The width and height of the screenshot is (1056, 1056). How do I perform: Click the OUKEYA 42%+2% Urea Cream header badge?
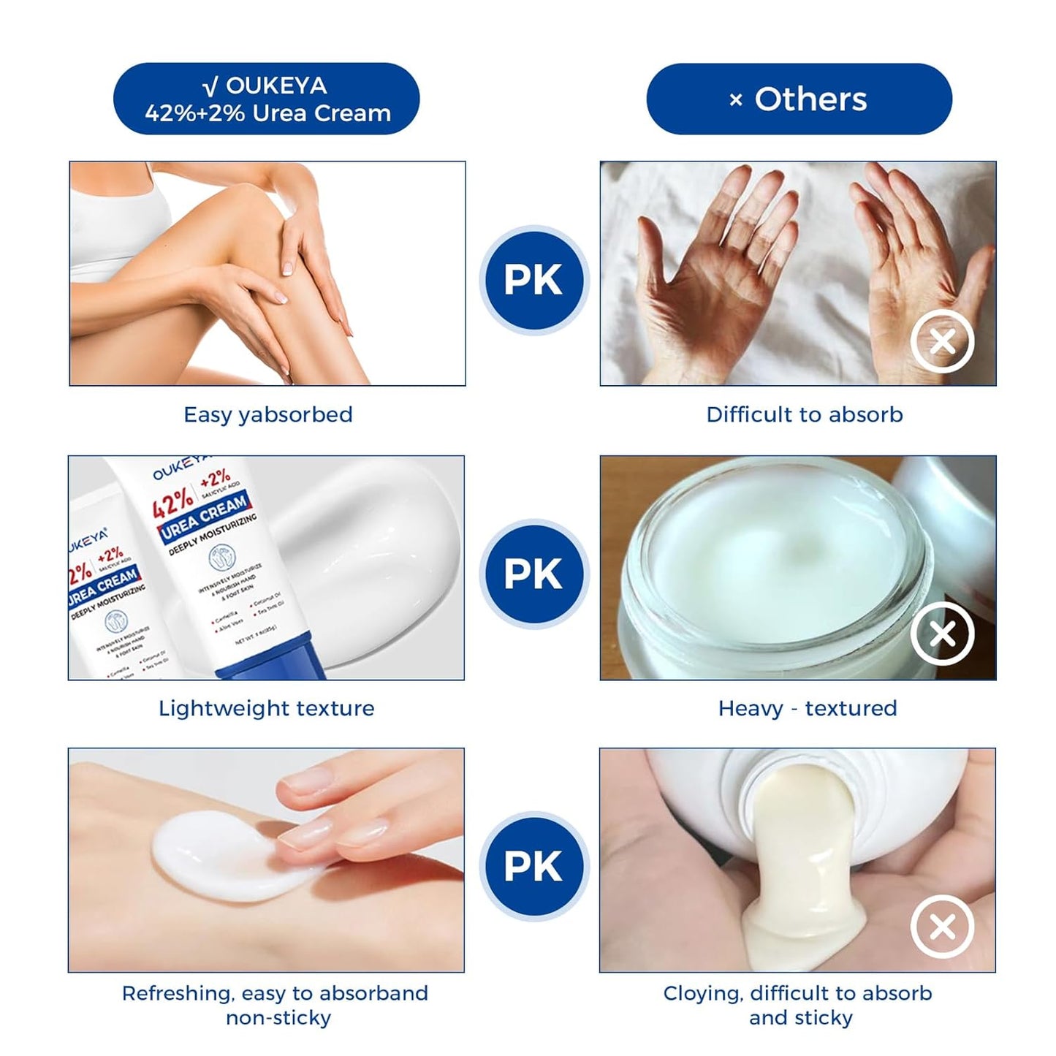point(266,99)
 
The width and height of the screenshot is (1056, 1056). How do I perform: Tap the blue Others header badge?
point(799,99)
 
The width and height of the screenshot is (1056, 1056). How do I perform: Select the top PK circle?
point(533,280)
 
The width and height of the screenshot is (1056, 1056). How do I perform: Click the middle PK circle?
point(533,574)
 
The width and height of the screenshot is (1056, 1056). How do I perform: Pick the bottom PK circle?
point(533,866)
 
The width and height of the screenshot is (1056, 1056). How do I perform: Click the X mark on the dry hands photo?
point(942,341)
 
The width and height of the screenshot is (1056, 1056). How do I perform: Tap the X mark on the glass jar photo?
point(942,634)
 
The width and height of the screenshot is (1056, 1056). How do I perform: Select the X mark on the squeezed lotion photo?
point(942,927)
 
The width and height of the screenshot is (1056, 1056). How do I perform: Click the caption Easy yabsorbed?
point(267,414)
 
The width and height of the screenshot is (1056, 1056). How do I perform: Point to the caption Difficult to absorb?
point(804,414)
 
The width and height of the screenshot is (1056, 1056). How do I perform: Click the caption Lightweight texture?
point(266,708)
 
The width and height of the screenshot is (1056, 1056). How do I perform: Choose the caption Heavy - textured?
point(807,708)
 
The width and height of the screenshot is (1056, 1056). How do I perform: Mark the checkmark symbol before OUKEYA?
point(210,87)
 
